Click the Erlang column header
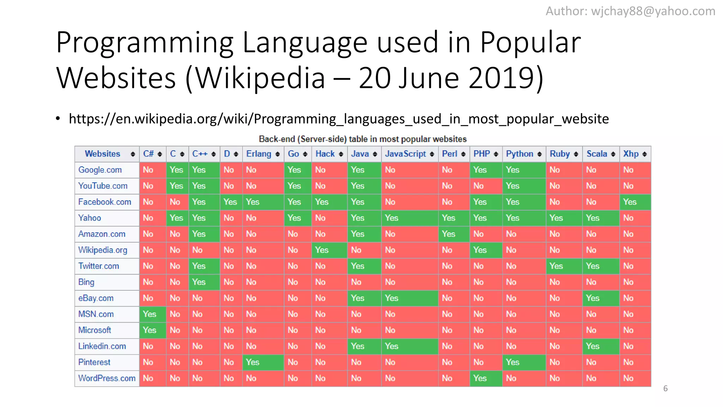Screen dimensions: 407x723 click(259, 154)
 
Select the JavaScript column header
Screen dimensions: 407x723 click(406, 154)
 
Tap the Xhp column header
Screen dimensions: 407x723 click(631, 154)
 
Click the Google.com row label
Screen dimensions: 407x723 click(100, 170)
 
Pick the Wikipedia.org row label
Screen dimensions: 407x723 click(102, 250)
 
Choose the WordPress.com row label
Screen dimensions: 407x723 click(107, 378)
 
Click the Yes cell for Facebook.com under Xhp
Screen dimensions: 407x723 click(630, 202)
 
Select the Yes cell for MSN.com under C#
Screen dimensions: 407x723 click(149, 314)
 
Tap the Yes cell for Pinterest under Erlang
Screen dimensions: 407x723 click(252, 362)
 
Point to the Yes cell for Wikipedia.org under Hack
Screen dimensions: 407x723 click(322, 250)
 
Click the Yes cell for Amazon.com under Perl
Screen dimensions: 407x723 click(448, 234)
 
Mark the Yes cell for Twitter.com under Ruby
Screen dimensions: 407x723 click(556, 266)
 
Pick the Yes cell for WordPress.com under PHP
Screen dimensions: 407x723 click(480, 378)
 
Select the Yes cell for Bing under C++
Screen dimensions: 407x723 click(199, 282)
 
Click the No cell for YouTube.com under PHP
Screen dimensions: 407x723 click(478, 186)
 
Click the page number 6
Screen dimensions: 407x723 click(665, 389)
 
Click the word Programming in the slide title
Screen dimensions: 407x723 click(145, 42)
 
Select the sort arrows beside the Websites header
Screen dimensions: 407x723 click(133, 154)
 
